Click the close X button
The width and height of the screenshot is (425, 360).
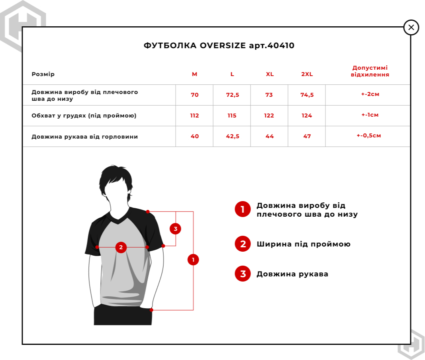pyautogui.click(x=411, y=27)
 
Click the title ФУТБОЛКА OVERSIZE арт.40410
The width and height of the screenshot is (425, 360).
pyautogui.click(x=219, y=45)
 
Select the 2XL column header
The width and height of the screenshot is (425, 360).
pyautogui.click(x=307, y=74)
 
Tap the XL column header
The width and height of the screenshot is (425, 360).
pyautogui.click(x=270, y=74)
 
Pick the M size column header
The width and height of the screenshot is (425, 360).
pyautogui.click(x=194, y=74)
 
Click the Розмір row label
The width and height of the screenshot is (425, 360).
pyautogui.click(x=43, y=74)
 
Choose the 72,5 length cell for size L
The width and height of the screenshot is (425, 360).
pyautogui.click(x=232, y=95)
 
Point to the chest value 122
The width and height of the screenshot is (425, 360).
pyautogui.click(x=269, y=115)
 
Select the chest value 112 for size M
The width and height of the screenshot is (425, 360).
pyautogui.click(x=194, y=115)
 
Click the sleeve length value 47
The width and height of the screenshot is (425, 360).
pyautogui.click(x=307, y=136)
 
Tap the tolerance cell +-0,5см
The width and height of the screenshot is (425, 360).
pyautogui.click(x=368, y=135)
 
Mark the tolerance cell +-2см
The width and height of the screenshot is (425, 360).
pyautogui.click(x=368, y=94)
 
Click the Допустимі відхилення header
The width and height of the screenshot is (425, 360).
pyautogui.click(x=370, y=71)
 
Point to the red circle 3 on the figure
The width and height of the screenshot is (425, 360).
pyautogui.click(x=175, y=229)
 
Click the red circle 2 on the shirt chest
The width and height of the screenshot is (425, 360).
pyautogui.click(x=121, y=247)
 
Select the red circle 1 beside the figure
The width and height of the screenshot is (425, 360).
pyautogui.click(x=193, y=260)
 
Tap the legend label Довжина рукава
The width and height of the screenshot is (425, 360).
pyautogui.click(x=292, y=274)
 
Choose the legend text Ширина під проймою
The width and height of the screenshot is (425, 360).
pyautogui.click(x=304, y=244)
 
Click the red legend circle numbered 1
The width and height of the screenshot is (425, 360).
pyautogui.click(x=243, y=209)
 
